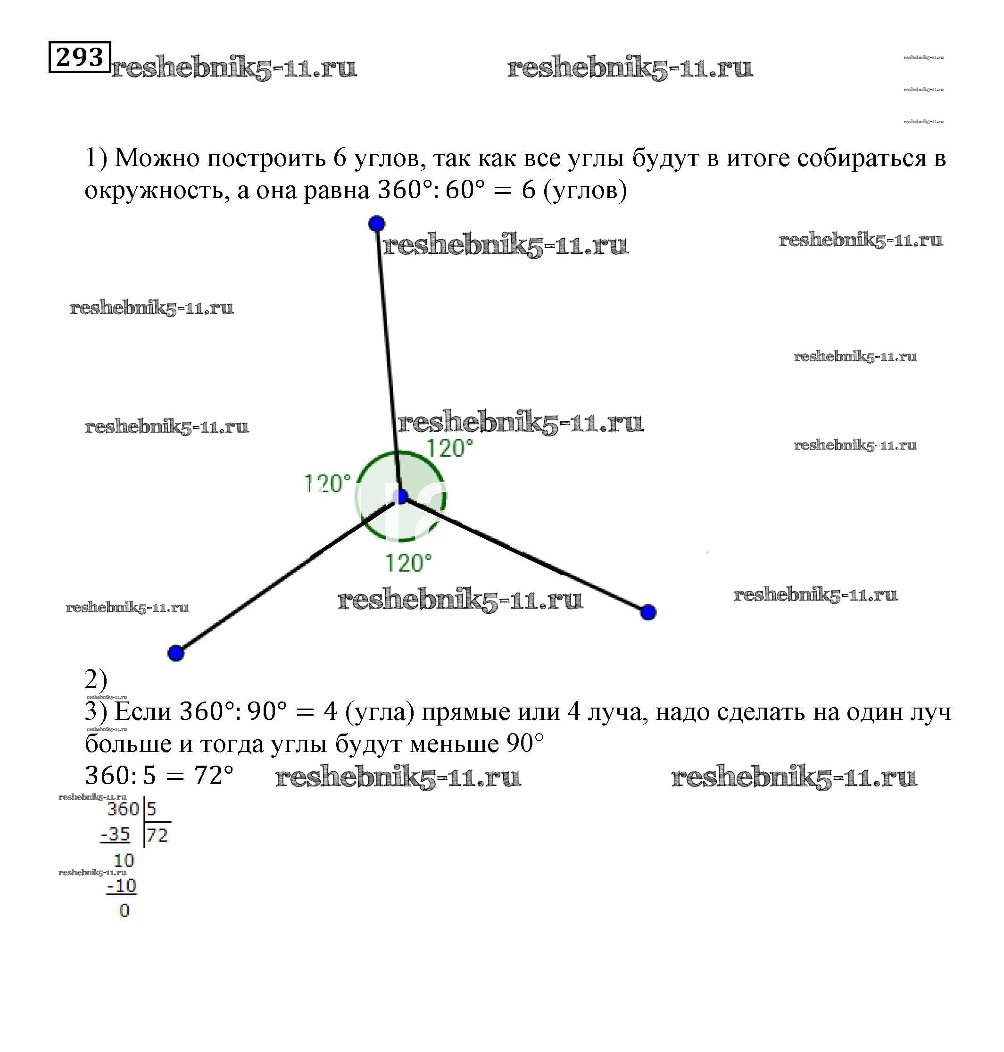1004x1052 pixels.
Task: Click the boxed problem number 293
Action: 80,57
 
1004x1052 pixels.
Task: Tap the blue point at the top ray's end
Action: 377,223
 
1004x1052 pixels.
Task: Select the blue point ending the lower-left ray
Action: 176,653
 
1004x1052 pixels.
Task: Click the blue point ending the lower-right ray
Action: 648,612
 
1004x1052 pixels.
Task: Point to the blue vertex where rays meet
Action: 401,496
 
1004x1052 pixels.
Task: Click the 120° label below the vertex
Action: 408,563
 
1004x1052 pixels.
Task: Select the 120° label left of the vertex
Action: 327,484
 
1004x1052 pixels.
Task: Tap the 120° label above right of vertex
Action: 449,448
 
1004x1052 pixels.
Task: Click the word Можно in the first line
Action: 158,158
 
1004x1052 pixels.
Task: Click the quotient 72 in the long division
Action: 158,835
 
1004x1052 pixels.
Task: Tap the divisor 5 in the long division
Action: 151,809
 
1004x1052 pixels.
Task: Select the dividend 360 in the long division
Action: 123,809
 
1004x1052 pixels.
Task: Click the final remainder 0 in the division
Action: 124,910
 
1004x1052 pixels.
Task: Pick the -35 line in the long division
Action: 115,834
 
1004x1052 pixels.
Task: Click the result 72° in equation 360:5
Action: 214,775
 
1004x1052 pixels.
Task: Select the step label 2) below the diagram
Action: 96,679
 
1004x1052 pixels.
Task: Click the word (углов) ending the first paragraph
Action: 584,191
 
